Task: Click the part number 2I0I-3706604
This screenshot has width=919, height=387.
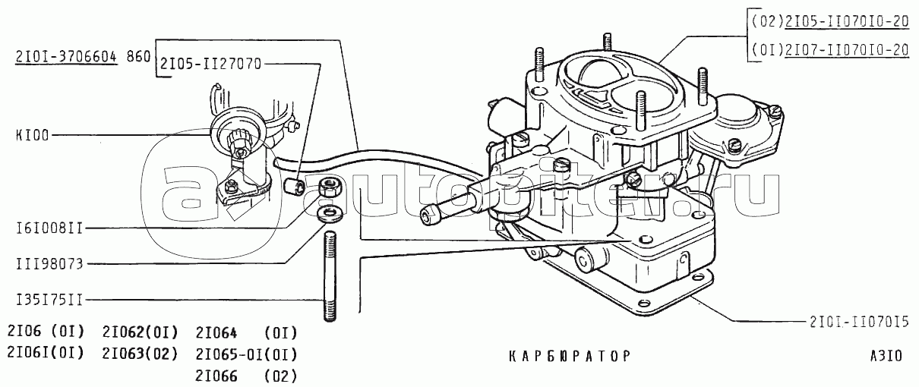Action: [66, 58]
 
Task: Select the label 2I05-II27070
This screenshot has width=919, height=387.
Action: [210, 64]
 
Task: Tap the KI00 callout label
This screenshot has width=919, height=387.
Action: [33, 135]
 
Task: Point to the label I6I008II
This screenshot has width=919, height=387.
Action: [49, 228]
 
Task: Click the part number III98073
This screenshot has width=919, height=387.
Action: [49, 263]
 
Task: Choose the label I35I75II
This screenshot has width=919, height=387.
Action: [49, 300]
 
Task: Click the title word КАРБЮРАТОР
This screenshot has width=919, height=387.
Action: [569, 356]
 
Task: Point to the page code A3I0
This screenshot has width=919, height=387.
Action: [886, 356]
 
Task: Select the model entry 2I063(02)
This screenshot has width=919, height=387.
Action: [141, 354]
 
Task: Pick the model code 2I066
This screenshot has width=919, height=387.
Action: [216, 376]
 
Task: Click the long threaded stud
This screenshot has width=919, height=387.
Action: [330, 277]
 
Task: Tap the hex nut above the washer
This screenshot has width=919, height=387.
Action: [330, 187]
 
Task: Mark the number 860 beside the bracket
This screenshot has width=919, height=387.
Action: [139, 57]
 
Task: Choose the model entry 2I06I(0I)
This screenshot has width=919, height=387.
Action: [46, 353]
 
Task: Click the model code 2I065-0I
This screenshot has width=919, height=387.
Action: [229, 354]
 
